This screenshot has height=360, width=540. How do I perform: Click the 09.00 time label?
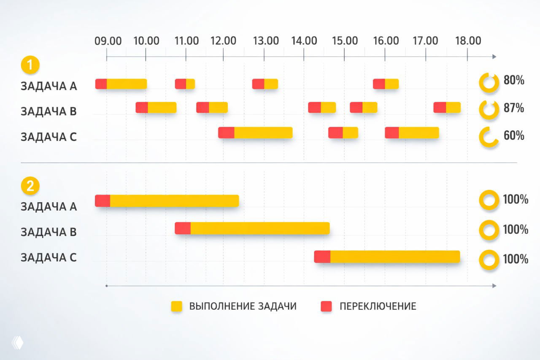pos(108,41)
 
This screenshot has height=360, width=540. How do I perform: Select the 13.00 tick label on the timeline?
pos(266,41)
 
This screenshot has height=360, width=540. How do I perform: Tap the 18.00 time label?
pos(468,41)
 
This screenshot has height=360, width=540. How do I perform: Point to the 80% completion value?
pos(514,80)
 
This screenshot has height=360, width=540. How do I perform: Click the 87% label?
pos(514,108)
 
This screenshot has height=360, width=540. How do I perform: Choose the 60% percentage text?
pos(514,135)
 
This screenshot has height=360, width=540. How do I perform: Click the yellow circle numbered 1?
pos(30,66)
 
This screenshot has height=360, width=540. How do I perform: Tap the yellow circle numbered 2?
pos(30,187)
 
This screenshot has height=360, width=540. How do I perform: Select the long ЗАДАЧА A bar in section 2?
pos(167,201)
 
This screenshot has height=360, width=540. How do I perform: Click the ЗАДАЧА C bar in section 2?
pos(387,257)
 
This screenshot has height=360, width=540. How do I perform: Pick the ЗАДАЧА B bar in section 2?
pos(252,228)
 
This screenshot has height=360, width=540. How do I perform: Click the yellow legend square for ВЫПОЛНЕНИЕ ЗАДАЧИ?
pos(176,306)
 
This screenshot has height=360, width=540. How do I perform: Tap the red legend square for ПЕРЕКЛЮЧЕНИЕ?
pos(326,306)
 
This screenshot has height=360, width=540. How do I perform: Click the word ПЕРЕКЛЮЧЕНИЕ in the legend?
pos(378,306)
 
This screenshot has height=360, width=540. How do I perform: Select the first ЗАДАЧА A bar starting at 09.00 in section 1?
pos(121,84)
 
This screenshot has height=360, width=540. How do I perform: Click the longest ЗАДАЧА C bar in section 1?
pos(255,133)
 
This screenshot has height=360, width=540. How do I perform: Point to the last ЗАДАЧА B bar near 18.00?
pos(447,108)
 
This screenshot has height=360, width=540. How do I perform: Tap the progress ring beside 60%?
pos(489,137)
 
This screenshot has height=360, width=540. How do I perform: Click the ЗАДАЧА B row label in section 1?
pos(49,112)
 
